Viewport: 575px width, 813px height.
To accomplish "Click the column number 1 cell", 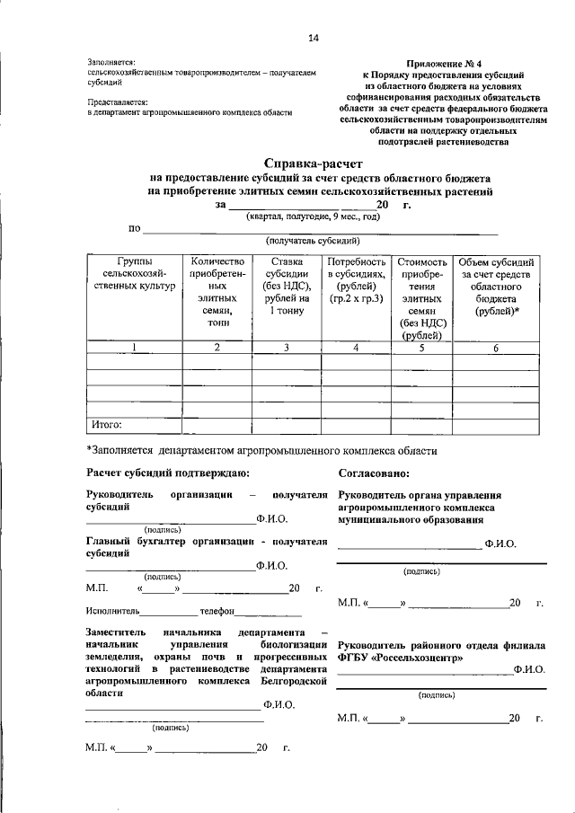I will [134, 348].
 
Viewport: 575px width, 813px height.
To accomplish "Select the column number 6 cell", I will [497, 348].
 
